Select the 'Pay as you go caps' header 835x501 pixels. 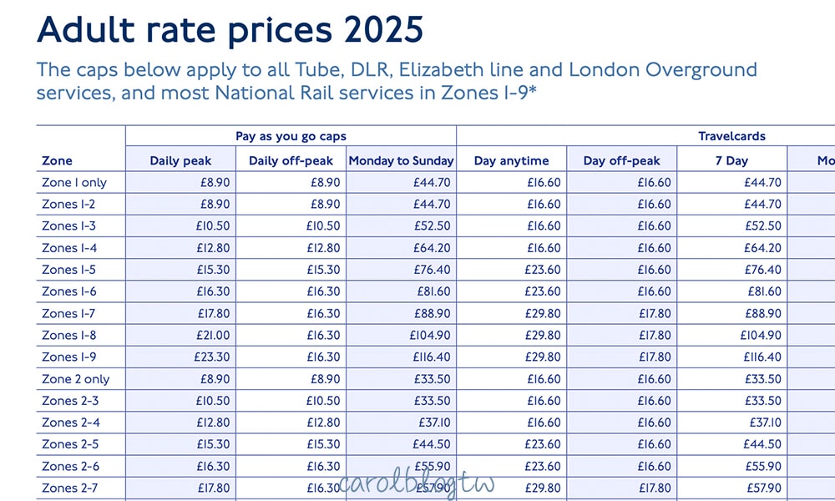(x=291, y=136)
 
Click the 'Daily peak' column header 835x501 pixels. (x=180, y=160)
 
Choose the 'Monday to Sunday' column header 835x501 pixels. (x=402, y=160)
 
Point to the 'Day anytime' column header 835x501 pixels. (x=511, y=160)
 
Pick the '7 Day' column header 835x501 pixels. (x=731, y=160)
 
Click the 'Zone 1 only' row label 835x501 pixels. (x=74, y=183)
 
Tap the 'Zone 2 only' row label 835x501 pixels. (x=75, y=379)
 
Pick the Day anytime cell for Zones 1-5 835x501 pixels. (x=541, y=270)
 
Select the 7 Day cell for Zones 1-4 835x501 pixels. (x=763, y=248)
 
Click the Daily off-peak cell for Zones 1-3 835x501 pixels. (x=321, y=226)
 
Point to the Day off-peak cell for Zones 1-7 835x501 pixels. (x=652, y=314)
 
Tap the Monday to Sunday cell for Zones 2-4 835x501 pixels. (x=435, y=423)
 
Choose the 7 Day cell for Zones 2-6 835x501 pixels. (x=763, y=467)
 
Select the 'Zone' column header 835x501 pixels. (x=57, y=160)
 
